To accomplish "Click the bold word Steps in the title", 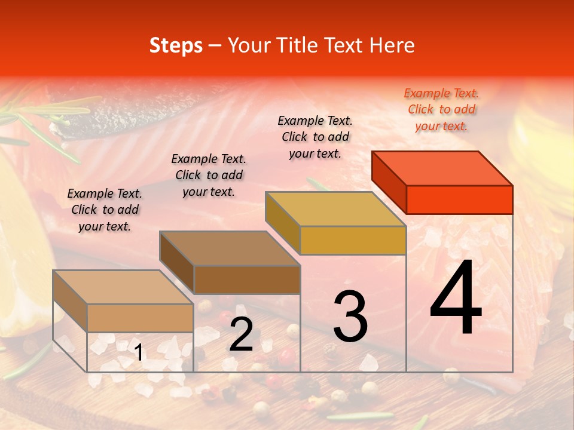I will [176, 45].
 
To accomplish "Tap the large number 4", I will [456, 300].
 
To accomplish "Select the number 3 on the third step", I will [350, 317].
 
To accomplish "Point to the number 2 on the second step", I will [241, 335].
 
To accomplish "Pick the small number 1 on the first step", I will [138, 353].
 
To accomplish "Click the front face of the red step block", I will [459, 199].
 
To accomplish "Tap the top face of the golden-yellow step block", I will [335, 209].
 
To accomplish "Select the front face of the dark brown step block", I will [247, 279].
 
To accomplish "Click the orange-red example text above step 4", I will [441, 109].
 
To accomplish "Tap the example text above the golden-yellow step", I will [315, 137].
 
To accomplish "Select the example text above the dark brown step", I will [209, 175].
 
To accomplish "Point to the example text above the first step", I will [105, 210].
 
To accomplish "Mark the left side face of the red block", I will [389, 182].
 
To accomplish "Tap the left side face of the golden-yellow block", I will [282, 222].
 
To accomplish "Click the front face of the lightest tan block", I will [140, 318].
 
